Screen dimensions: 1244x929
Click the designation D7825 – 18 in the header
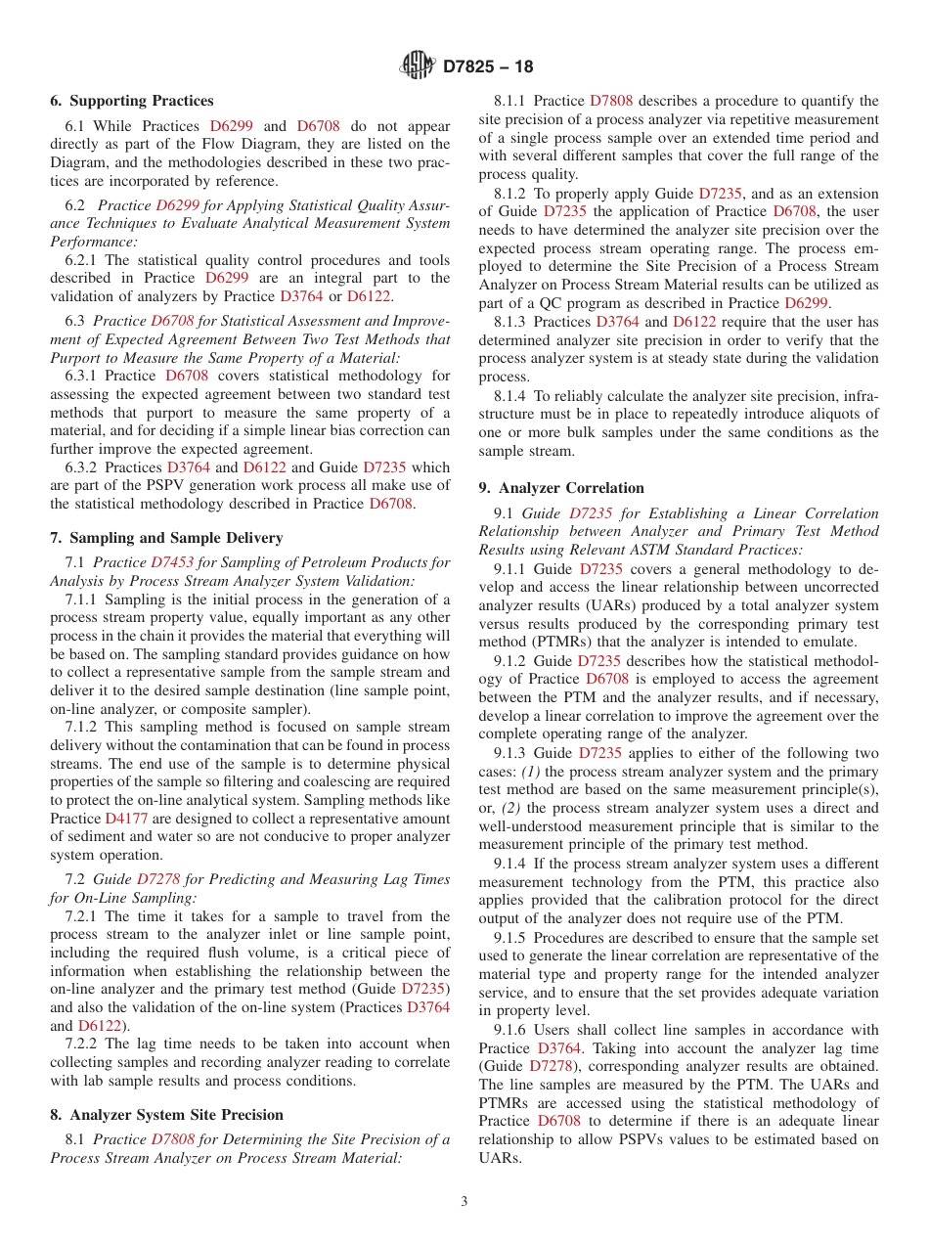point(488,67)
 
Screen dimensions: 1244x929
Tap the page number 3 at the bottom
point(464,1202)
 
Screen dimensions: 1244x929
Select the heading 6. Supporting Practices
point(132,101)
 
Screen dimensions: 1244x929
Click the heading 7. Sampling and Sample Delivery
point(166,538)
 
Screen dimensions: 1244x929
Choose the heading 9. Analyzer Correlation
point(561,488)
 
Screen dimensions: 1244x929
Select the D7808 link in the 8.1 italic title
point(172,1139)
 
